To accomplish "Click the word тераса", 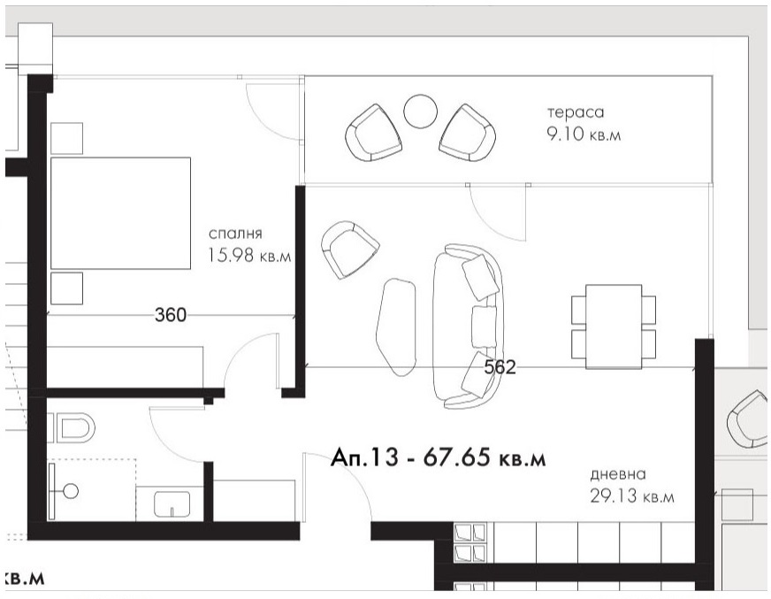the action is [576, 112].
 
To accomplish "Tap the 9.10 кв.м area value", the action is [584, 134].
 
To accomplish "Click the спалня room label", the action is [235, 234].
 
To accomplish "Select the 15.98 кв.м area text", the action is [250, 256].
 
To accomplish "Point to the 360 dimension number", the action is [171, 315].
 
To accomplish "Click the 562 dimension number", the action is [500, 367].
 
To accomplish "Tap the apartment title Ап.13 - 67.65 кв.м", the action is [439, 457].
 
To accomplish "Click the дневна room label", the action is [618, 474].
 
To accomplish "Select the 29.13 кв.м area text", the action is [632, 496].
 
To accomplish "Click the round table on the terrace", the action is [420, 111].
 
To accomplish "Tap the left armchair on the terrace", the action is [374, 133].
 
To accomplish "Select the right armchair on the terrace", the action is [467, 133].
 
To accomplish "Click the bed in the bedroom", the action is [120, 213].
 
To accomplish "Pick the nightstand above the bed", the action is [67, 138].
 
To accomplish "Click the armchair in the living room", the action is [349, 250].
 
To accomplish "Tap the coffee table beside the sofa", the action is [396, 327].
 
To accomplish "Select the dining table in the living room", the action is [614, 326].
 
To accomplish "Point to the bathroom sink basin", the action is [172, 504].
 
